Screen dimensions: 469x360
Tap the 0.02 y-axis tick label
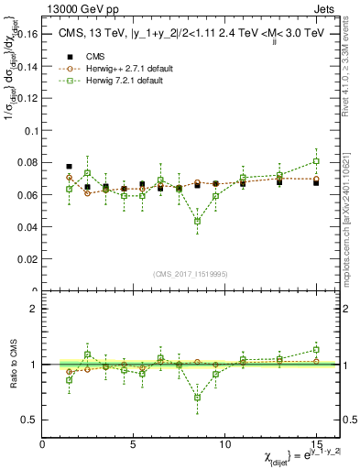tap(27, 259)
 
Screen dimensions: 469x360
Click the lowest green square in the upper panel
tap(197, 221)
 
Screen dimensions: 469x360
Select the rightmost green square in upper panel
tap(316, 161)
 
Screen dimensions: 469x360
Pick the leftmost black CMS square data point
tap(70, 167)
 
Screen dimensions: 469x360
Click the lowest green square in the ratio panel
tap(197, 398)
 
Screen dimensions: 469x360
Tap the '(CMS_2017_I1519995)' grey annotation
tap(190, 273)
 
